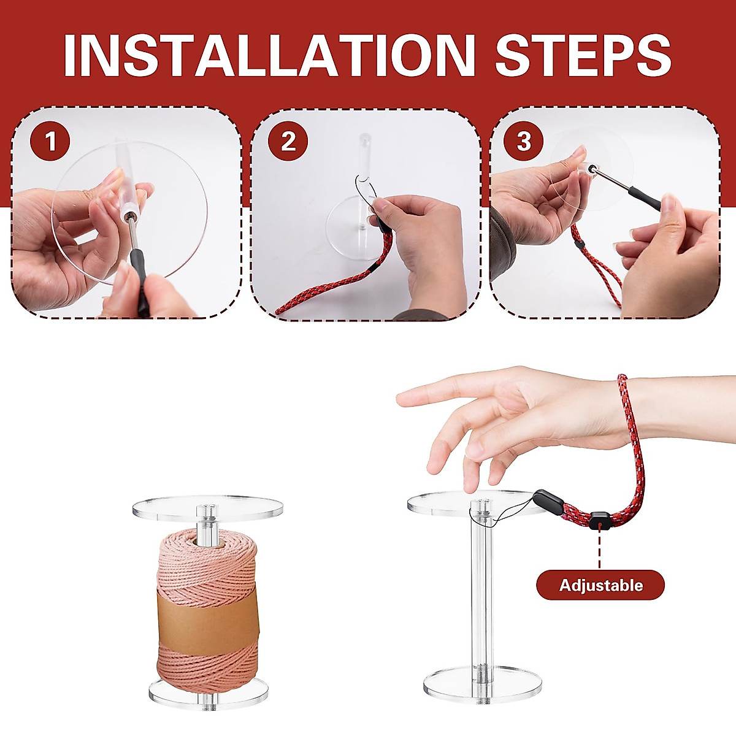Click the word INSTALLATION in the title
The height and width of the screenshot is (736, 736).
click(269, 56)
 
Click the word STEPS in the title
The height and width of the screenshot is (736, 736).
click(583, 56)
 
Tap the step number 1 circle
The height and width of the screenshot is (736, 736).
click(50, 142)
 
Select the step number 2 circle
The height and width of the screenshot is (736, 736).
click(288, 142)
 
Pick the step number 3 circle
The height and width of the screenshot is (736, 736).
click(524, 142)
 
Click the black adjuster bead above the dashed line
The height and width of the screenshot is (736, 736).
click(600, 521)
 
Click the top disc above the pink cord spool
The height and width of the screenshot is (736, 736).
click(208, 508)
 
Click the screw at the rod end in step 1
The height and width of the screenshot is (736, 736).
click(131, 217)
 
